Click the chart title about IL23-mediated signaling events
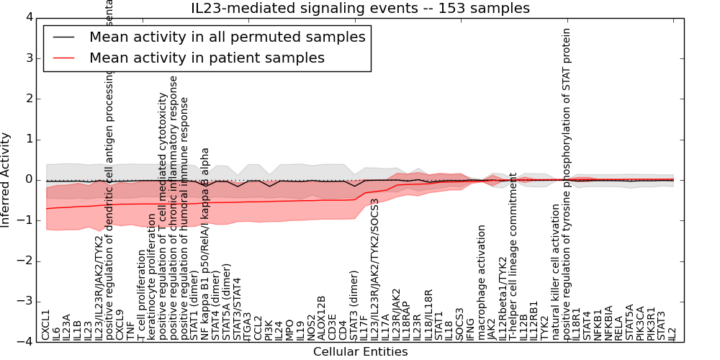point(360,9)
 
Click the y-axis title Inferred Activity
point(6,179)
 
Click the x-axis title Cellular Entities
point(360,351)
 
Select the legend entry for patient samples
point(207,58)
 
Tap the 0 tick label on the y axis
point(28,179)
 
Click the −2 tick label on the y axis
point(26,261)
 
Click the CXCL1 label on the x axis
point(46,325)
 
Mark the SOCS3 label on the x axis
point(460,323)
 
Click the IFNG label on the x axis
point(471,328)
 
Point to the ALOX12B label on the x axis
point(322,318)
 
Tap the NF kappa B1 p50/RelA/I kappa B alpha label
point(205,244)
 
